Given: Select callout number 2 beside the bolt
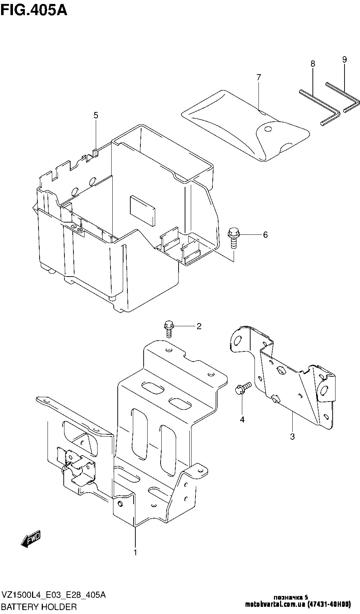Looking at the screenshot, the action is coord(199,326).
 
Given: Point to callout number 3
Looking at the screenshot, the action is coord(292,436).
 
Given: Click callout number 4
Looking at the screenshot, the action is coord(242,420).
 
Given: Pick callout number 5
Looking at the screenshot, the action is coord(96,115).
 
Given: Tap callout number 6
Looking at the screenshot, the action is coord(265,235).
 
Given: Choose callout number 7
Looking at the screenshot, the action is coord(259,77).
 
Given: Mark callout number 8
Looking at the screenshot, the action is coord(312,64).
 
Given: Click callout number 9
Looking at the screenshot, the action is coord(345,59).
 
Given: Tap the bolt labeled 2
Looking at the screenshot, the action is coord(168,329).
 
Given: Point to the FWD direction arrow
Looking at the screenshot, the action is coord(30,538).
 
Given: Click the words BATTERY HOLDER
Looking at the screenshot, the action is coord(39,606).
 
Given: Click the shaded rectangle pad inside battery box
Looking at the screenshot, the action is coord(143,210).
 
